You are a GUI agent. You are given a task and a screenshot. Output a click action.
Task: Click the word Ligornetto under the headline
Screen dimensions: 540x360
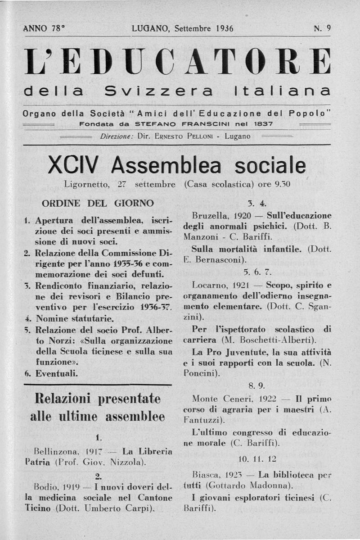click(x=87, y=184)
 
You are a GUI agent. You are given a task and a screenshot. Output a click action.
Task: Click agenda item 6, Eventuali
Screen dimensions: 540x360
click(x=57, y=373)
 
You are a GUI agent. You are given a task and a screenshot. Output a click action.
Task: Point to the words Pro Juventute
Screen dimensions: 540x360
click(x=230, y=351)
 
